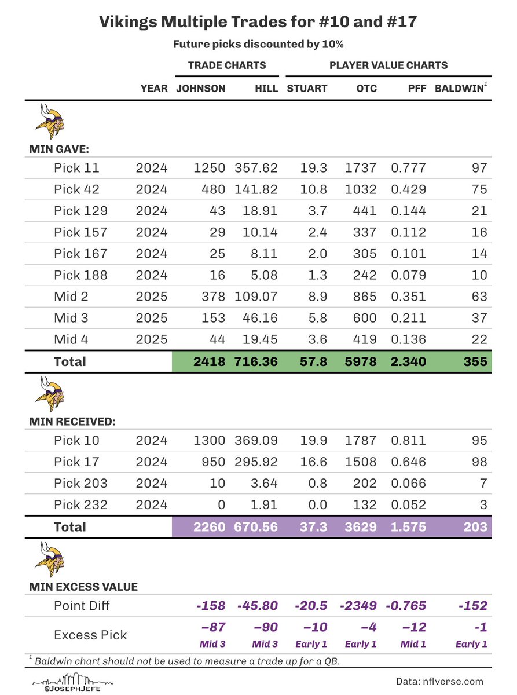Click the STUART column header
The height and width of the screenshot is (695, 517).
[x=307, y=89]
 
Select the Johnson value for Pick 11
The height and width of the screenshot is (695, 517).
[x=210, y=169]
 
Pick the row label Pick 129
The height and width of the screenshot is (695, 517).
[x=80, y=211]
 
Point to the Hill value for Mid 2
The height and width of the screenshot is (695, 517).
[x=256, y=297]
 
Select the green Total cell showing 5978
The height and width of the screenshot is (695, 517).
[x=362, y=362]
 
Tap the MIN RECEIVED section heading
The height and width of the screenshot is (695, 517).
[x=72, y=422]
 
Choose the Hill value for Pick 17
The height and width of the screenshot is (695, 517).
[x=256, y=462]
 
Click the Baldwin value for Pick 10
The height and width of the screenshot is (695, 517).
[x=479, y=441]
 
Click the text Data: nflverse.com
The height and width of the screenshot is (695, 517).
[x=439, y=681]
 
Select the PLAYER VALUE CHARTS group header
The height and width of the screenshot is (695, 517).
[x=388, y=65]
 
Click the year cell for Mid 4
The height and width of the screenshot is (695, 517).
[x=152, y=339]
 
